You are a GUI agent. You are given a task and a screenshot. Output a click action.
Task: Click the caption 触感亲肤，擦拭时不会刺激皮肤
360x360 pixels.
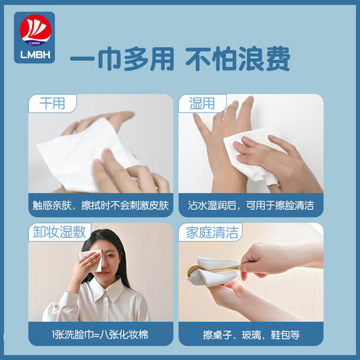tap(100, 206)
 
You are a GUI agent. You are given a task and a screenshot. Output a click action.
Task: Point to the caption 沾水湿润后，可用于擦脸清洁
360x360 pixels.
tap(250, 206)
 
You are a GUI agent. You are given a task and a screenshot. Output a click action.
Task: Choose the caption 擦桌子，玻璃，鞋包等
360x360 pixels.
tap(242, 334)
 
